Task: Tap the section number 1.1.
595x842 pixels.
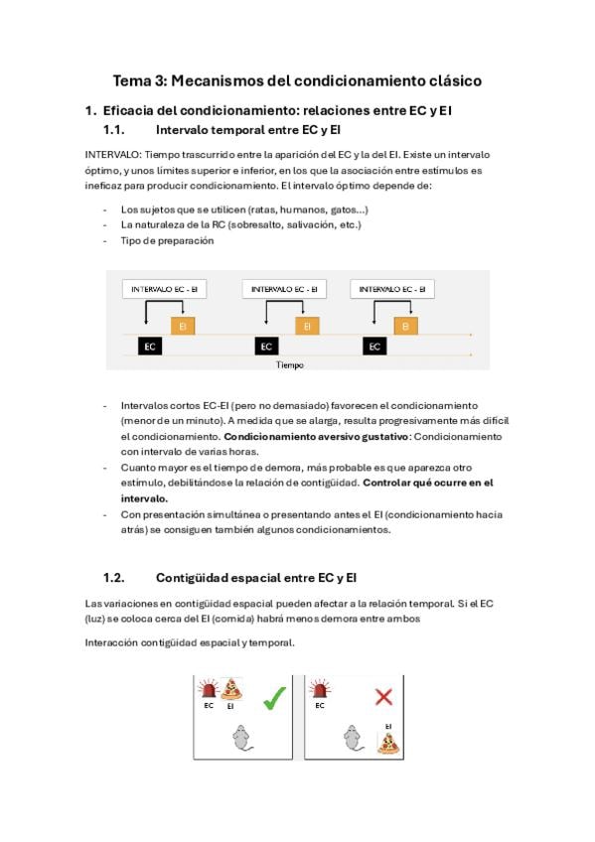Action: coord(114,130)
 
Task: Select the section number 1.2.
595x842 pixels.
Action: coord(114,578)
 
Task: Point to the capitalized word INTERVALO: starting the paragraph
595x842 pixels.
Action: coord(113,155)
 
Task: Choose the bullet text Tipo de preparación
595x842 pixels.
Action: coord(167,240)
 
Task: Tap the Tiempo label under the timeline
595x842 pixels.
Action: coord(289,365)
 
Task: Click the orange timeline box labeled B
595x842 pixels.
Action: coord(405,326)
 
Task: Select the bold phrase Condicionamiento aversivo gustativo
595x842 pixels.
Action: coord(316,437)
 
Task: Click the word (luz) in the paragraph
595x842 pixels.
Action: coord(94,619)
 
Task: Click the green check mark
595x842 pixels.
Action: coord(274,698)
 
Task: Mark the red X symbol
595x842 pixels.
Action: coord(383,698)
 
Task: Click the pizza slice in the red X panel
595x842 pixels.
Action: coord(387,743)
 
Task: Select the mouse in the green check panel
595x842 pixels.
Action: coord(242,738)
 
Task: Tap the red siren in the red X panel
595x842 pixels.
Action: coord(320,689)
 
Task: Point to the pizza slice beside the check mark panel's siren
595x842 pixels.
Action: coord(231,689)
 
